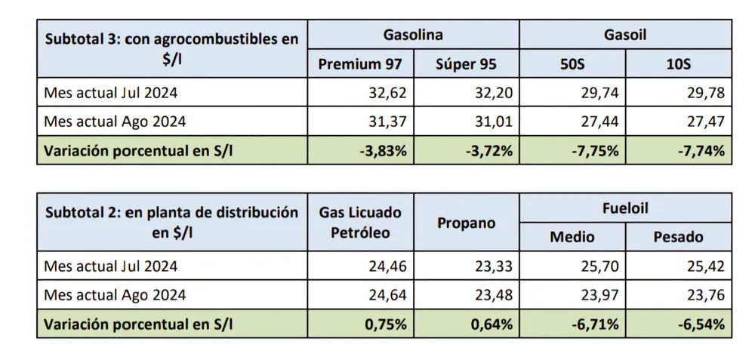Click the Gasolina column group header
tap(413, 35)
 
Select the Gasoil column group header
tap(625, 35)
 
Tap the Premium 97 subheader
tap(360, 64)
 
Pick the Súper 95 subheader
tap(466, 64)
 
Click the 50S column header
tap(572, 64)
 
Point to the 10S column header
tap(678, 64)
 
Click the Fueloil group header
tap(625, 208)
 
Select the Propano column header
tap(466, 223)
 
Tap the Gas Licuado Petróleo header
tap(360, 222)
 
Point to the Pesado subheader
tap(678, 237)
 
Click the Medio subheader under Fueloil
tap(572, 237)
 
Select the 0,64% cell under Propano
tap(492, 325)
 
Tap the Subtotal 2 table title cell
tap(172, 222)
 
